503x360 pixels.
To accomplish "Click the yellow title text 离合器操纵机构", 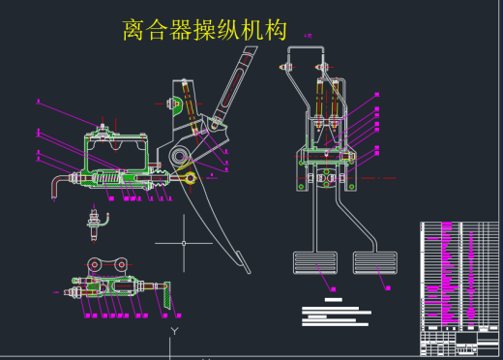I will (x=205, y=30).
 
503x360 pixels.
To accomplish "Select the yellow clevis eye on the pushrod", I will (x=191, y=176).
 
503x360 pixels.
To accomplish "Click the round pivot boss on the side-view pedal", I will (x=180, y=158).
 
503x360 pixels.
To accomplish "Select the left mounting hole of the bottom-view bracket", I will (x=94, y=264).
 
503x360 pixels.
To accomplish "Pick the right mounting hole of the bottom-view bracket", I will (x=122, y=263).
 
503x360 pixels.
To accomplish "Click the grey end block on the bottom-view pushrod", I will (x=166, y=290).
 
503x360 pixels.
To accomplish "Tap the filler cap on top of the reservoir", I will (x=103, y=125).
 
